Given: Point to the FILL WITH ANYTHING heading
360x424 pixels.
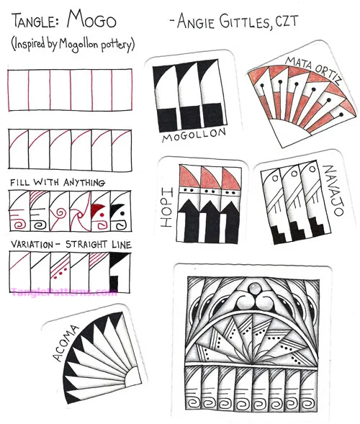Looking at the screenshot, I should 58,183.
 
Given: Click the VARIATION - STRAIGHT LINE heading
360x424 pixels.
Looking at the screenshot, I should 71,245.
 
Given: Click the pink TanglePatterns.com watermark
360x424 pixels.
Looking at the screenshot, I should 65,292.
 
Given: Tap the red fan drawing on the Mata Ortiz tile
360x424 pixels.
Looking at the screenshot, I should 302,108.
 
